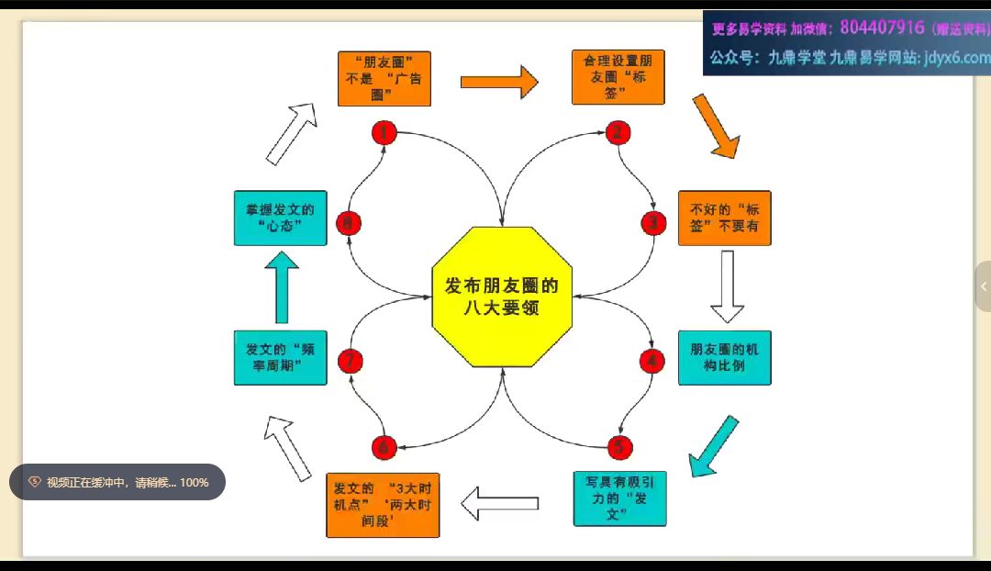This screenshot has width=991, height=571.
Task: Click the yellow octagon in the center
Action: coord(502,297)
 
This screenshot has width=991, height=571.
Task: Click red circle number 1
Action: coord(384,133)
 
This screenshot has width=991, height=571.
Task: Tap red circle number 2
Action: coord(618,132)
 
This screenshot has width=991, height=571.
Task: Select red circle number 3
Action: coord(652,222)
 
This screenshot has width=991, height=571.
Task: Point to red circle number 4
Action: coord(651,361)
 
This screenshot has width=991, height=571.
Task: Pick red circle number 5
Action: coord(619,447)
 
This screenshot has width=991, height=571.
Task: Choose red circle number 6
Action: coord(384,447)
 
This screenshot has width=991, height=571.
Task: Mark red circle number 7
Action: coord(350,362)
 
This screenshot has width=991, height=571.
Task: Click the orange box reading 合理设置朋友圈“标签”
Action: coord(618,77)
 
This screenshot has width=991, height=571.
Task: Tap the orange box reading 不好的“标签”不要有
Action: coord(724,218)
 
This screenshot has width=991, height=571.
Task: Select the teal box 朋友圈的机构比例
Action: coord(724,357)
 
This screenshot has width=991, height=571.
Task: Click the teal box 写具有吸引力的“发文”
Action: coord(619,498)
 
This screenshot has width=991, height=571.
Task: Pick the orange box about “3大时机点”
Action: coord(383,504)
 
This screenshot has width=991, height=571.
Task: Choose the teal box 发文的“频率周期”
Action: coord(280,357)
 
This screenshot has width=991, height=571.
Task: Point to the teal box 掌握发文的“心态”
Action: coord(280,218)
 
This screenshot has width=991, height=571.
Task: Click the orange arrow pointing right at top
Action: coord(498,82)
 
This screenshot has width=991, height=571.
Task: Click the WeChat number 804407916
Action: coord(881,28)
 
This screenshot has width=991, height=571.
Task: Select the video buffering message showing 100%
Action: coord(117,482)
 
